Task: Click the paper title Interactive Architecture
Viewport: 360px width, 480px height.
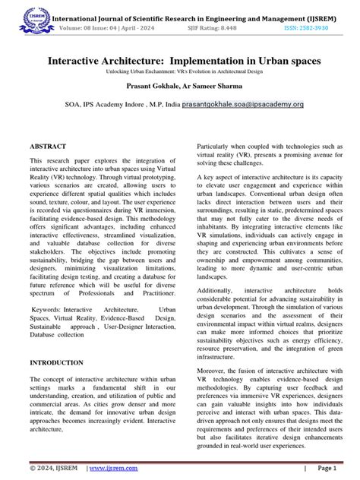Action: (x=180, y=58)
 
